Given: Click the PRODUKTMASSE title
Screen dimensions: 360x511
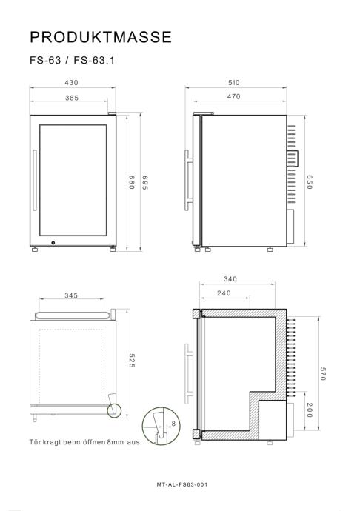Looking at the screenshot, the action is coord(101,37).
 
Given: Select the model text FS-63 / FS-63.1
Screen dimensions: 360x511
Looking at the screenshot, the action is coord(72,60).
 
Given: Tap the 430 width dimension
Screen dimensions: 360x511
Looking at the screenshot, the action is coord(71,82).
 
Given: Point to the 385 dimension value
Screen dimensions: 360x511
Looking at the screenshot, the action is coord(72,98).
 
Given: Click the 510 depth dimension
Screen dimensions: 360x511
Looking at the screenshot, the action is coord(234,82).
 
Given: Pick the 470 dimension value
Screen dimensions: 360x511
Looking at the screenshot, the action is coord(234,96).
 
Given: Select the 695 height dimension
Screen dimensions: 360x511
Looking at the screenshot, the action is coord(145,183).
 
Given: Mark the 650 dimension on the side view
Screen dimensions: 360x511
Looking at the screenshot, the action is coord(310,182).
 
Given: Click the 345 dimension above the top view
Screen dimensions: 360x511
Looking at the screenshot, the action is coord(71,295).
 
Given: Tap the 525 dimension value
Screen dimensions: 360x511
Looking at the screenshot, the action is coord(131,361).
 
